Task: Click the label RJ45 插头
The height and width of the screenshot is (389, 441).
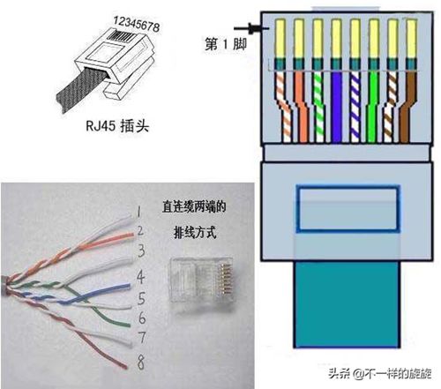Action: coord(117,126)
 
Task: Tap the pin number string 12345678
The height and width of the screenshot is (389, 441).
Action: coord(137,24)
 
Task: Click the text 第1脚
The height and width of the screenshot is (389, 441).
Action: coord(226,45)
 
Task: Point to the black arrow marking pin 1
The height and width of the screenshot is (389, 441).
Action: coord(251,28)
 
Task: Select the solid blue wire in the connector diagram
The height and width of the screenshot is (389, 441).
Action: coord(336,108)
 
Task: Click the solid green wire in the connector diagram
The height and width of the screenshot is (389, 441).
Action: coord(373,108)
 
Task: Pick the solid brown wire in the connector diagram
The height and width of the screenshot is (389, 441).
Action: coord(407,108)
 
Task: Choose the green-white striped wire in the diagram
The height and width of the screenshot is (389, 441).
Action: coord(319,108)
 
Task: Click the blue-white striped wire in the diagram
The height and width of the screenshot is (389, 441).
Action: coord(355,108)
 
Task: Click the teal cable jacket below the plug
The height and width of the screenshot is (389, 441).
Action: coord(347,304)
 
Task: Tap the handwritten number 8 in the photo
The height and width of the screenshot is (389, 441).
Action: coord(141,363)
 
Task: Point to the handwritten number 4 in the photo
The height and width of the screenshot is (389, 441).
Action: coord(141,277)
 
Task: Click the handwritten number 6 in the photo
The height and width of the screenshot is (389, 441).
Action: coord(142,318)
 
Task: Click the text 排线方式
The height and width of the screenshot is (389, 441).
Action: coord(195,233)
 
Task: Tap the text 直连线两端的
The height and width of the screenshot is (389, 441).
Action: coord(194,206)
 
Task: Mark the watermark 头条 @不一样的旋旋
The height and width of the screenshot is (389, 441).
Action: coord(379,373)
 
